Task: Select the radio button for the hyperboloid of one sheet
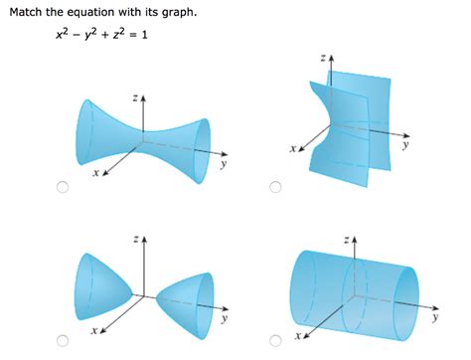click(x=62, y=188)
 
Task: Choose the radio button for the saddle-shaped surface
click(x=275, y=187)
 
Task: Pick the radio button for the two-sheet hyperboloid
click(x=62, y=341)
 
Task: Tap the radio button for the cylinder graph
click(x=275, y=341)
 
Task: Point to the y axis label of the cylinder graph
click(x=435, y=319)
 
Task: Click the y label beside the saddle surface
click(x=405, y=143)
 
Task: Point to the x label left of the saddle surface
click(x=293, y=149)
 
